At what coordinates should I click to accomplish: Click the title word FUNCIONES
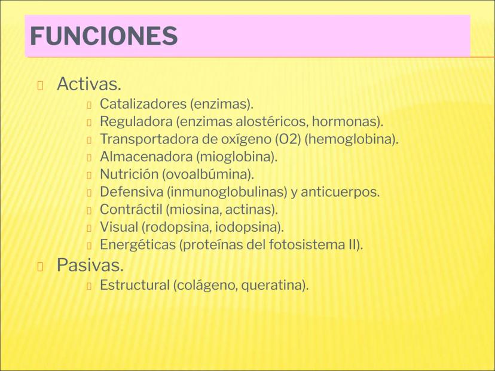(x=104, y=36)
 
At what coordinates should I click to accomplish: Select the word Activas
(x=89, y=84)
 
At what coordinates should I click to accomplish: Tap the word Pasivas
(x=90, y=265)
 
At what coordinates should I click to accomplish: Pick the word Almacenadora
(x=146, y=157)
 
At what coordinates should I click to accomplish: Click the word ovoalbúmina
(x=209, y=174)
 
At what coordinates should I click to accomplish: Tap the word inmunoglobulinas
(x=227, y=192)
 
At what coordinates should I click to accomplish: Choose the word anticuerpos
(x=340, y=192)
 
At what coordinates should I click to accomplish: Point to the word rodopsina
(x=177, y=228)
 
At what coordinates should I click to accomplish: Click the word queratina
(x=274, y=286)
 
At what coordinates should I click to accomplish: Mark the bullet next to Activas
(x=40, y=85)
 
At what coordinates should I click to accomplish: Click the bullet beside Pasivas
(x=40, y=266)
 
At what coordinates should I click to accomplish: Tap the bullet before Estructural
(x=89, y=286)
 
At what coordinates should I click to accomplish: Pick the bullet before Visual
(x=89, y=228)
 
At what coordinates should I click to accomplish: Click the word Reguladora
(x=136, y=121)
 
